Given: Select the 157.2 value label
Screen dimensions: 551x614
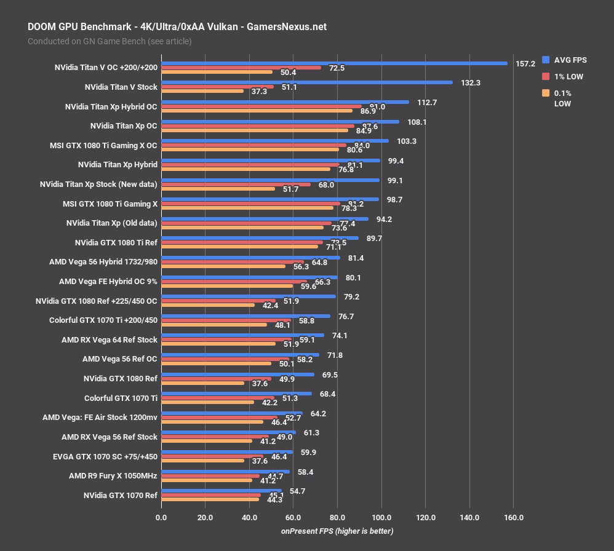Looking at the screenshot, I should pos(525,63).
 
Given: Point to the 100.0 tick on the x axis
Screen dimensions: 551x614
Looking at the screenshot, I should pos(381,518).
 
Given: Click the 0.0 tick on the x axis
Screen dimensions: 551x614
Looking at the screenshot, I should pos(161,518).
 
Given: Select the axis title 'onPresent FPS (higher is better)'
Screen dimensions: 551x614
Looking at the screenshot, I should pos(337,531).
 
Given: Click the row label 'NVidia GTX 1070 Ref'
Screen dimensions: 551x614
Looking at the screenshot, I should pos(121,495).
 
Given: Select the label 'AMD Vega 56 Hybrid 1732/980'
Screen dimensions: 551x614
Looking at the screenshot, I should pos(103,262).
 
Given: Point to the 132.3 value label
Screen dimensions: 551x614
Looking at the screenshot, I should pos(471,82).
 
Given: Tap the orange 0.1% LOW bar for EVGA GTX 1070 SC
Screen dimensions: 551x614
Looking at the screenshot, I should pos(202,461).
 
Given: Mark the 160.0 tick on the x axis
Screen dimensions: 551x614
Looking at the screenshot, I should pos(514,518).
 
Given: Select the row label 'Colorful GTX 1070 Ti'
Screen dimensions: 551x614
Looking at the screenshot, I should pos(121,398).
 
